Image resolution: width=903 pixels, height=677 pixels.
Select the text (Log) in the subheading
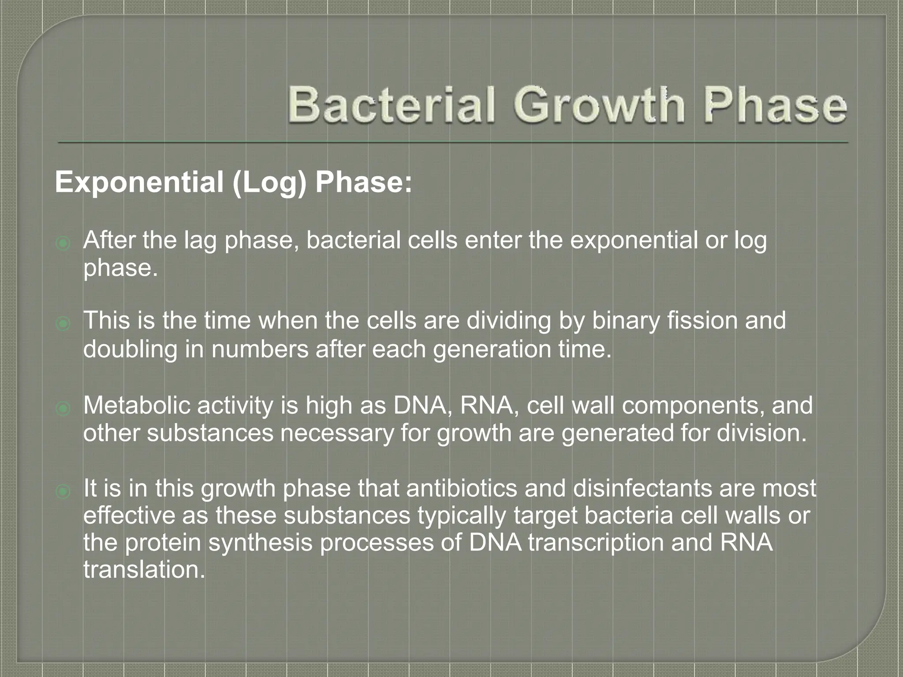269,183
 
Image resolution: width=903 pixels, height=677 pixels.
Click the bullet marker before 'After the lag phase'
63,243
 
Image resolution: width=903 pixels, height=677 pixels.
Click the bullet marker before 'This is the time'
63,324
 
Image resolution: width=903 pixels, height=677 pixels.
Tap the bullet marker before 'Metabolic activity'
63,409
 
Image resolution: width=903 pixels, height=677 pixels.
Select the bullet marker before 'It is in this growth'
63,491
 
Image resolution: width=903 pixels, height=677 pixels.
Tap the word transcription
596,543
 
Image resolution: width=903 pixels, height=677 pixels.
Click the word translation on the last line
144,570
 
